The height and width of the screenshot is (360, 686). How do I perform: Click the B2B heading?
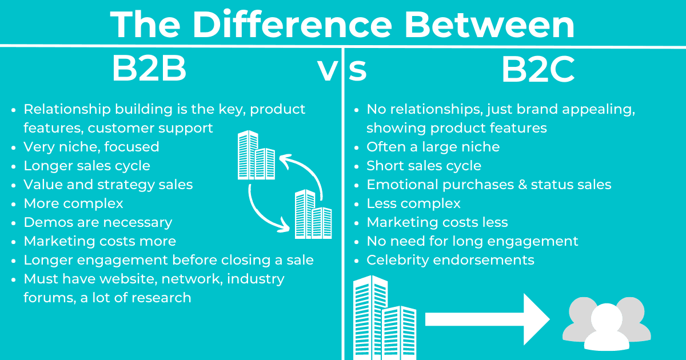click(149, 70)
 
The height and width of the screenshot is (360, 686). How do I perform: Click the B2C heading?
click(538, 70)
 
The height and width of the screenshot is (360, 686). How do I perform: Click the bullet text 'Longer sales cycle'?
click(87, 166)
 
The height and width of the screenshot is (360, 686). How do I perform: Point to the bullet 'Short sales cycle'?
click(424, 166)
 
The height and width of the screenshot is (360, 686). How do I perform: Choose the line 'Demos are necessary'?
click(98, 222)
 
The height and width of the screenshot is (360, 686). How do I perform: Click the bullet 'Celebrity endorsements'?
click(450, 260)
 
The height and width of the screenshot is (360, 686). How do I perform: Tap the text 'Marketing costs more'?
click(99, 241)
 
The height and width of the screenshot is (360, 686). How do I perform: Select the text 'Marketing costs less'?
click(437, 222)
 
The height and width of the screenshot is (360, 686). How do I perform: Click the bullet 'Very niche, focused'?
click(91, 147)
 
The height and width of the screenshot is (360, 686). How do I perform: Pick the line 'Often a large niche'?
click(433, 147)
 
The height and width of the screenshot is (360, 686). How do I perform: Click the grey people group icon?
click(607, 323)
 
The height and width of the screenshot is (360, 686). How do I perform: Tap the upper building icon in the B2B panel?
click(256, 155)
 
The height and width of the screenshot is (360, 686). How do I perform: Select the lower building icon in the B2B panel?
click(313, 214)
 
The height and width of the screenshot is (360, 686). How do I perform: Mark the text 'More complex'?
click(73, 203)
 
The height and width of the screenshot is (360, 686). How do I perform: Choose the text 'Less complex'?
click(413, 203)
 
